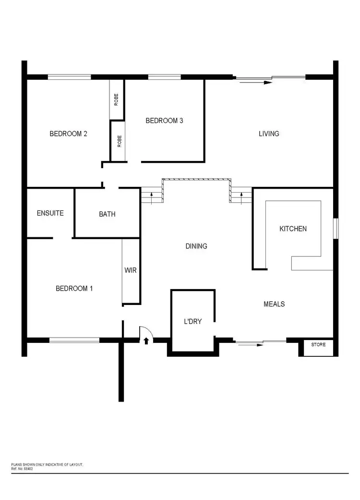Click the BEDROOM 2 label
coord(68,134)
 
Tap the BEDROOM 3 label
coord(164,121)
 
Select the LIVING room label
coord(269,134)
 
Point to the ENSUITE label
coord(50,213)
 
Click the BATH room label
coord(107,214)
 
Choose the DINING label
coord(196,246)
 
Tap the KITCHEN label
coord(293,229)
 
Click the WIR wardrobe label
coord(131,270)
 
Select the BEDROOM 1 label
coord(74,288)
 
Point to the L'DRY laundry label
coord(192,321)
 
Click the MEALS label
coord(274,304)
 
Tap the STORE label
coord(318,344)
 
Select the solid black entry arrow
coord(146,341)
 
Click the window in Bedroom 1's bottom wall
coord(74,340)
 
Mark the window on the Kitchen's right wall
coord(336,228)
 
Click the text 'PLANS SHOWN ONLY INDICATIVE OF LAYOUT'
coord(47,465)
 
